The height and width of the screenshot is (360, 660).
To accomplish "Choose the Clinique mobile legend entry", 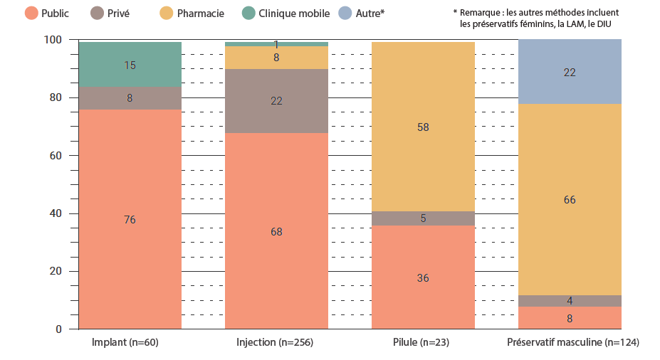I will click(x=288, y=13).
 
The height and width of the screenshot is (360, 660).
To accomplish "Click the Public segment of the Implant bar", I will click(x=130, y=220).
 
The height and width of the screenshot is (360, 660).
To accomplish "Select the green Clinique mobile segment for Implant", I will click(x=130, y=65).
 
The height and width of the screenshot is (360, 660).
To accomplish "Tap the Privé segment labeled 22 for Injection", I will click(x=276, y=101).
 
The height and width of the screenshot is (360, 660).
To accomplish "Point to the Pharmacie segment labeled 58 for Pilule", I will click(x=423, y=127).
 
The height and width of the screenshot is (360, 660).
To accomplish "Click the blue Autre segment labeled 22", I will click(x=570, y=72).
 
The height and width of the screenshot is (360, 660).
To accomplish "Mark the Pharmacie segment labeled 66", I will click(x=570, y=200).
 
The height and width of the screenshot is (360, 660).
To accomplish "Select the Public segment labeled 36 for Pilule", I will click(x=423, y=277).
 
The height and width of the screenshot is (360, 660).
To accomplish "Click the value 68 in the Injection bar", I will click(x=276, y=231).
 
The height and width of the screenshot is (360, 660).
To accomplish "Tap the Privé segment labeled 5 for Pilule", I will click(x=423, y=218).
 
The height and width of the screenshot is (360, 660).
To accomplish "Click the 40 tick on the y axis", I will click(x=56, y=213).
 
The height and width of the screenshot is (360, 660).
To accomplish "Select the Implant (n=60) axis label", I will click(x=125, y=343).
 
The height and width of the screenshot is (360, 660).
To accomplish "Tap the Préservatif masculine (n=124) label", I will click(x=572, y=343).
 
